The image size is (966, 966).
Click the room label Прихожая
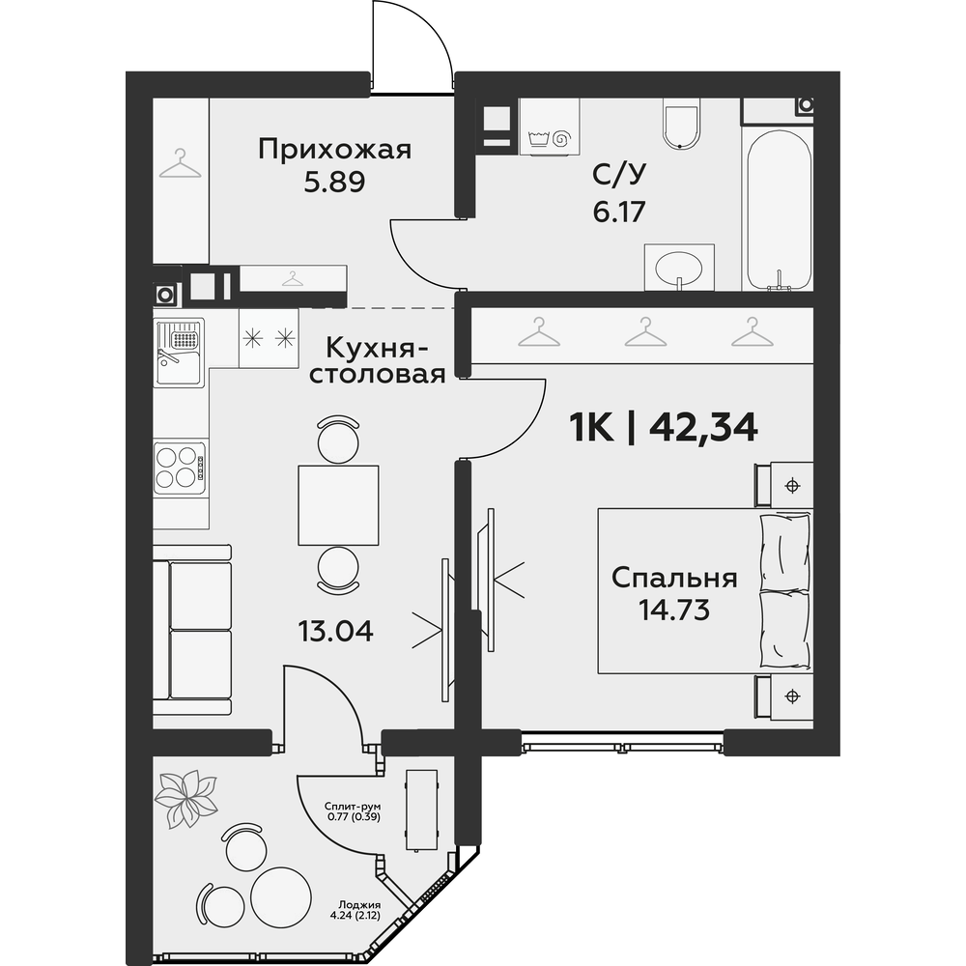(x=334, y=151)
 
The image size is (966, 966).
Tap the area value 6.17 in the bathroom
(x=618, y=212)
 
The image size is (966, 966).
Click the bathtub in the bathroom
(x=779, y=210)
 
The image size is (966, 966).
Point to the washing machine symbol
(x=550, y=127)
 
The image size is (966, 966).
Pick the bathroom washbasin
(x=679, y=268)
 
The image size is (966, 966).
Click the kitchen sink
(x=180, y=353)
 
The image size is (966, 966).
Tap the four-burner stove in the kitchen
(x=180, y=467)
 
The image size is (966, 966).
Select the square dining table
(x=338, y=505)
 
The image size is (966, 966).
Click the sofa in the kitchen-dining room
(x=192, y=630)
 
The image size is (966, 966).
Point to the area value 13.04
(x=336, y=631)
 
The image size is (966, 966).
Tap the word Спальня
(x=674, y=578)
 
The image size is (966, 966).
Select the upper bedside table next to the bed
(x=784, y=485)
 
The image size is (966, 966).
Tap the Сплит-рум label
(x=353, y=807)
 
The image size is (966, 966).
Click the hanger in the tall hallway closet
(x=180, y=163)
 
